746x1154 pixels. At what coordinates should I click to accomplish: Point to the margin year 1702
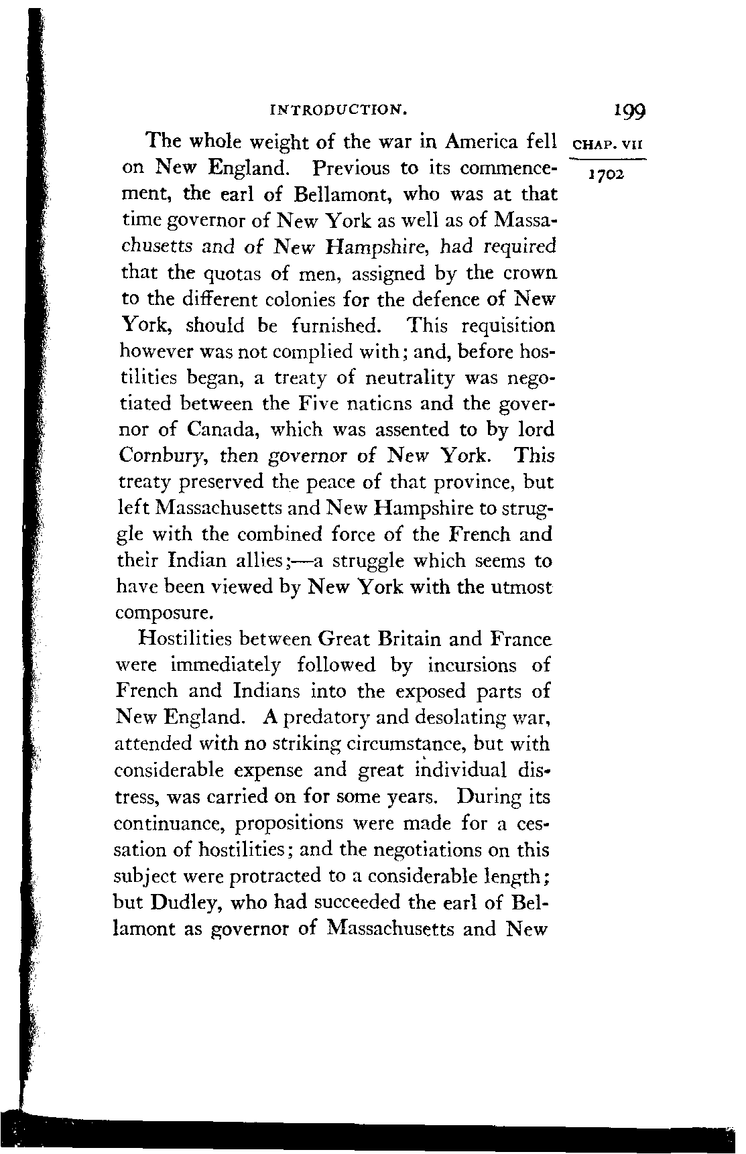pos(606,176)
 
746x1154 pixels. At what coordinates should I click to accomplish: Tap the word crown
pos(530,274)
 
